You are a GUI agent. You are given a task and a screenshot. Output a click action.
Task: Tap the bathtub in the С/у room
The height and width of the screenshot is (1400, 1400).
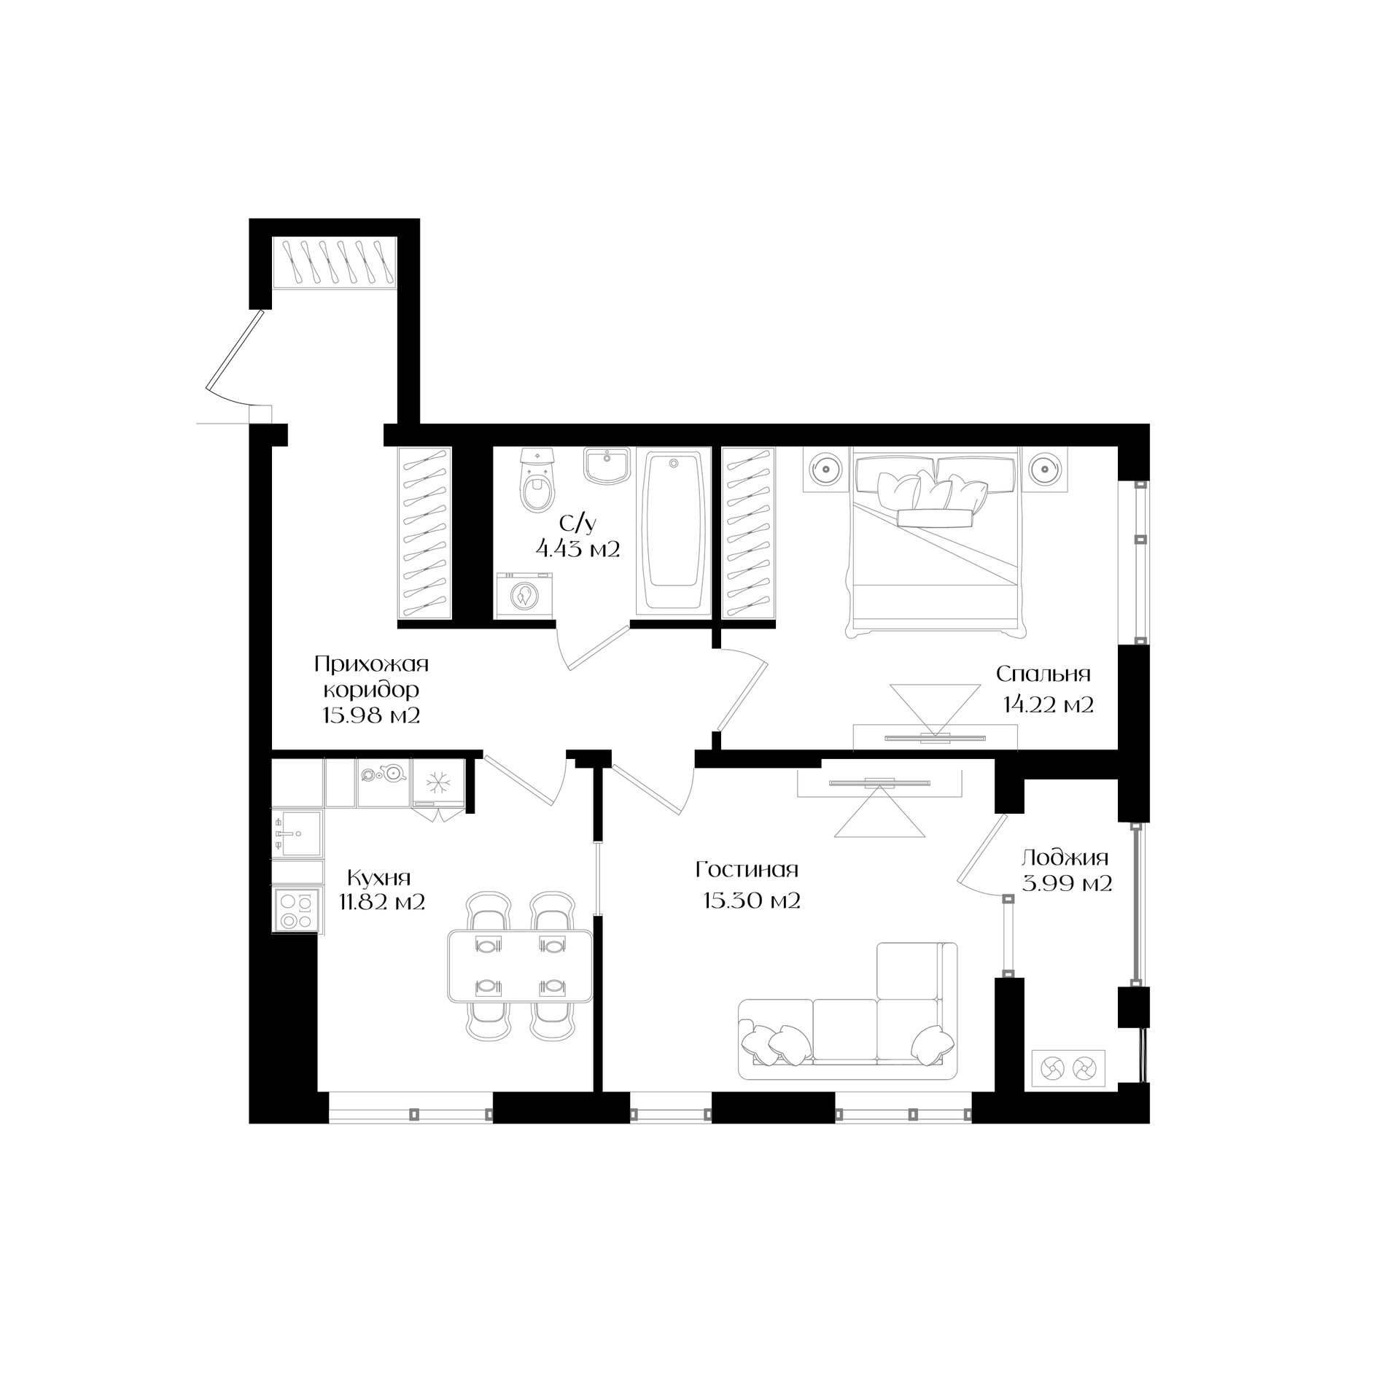click(673, 530)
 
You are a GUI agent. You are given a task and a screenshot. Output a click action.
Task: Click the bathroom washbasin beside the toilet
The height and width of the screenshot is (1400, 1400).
click(607, 465)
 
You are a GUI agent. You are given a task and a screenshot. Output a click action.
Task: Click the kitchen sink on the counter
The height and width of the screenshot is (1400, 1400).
click(296, 833)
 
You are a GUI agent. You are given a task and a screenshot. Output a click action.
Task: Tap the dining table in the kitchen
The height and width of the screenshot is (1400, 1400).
click(520, 965)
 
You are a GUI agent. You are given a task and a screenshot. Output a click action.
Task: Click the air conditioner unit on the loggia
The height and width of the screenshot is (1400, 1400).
click(1067, 1070)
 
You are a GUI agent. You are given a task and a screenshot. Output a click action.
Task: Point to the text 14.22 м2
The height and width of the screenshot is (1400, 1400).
click(1048, 705)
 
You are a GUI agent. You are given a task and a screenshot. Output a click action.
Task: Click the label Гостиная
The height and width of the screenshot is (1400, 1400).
click(747, 870)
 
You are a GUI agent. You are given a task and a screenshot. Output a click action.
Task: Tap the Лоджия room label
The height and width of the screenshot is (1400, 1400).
click(1065, 858)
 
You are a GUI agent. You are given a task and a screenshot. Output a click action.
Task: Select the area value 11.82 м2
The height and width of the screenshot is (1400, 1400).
click(381, 903)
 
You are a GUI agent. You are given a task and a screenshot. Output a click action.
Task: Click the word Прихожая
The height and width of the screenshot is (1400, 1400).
click(371, 665)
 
